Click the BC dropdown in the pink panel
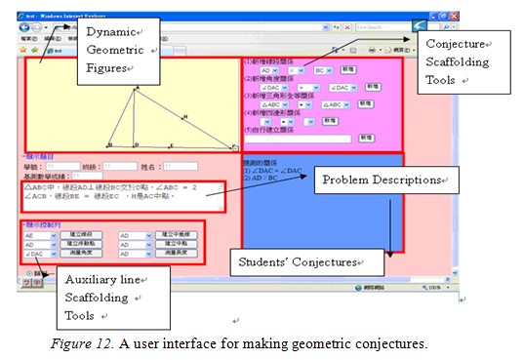322,71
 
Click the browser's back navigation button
35,27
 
